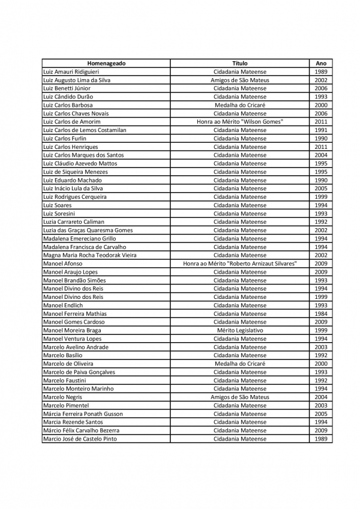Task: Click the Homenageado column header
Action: pos(106,63)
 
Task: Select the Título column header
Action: pos(240,63)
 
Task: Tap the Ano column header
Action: pos(321,63)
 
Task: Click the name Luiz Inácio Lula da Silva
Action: pos(73,188)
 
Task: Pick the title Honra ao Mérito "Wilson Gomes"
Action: pos(240,122)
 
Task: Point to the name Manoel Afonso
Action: pos(63,264)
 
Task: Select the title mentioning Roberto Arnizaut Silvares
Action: pos(240,264)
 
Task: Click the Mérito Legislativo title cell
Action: pos(240,330)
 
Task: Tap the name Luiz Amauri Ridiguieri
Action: pos(71,71)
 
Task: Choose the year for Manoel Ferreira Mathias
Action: pos(321,314)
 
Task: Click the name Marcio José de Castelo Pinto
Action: pos(80,439)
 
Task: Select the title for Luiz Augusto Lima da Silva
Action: pos(240,80)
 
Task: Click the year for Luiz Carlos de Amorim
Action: pos(321,122)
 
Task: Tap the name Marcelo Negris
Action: pos(63,397)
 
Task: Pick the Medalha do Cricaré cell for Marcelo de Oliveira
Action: pos(240,364)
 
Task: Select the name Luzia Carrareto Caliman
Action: pos(74,222)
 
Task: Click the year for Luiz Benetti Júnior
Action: pos(321,88)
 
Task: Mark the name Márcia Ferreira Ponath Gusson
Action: pos(83,414)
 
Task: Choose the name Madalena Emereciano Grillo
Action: pos(80,239)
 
